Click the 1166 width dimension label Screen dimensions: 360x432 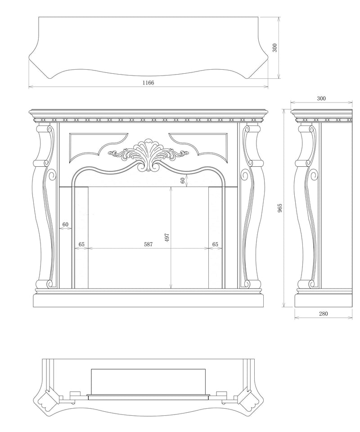click(x=148, y=83)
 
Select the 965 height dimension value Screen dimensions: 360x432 click(x=280, y=208)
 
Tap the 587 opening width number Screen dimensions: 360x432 click(x=148, y=244)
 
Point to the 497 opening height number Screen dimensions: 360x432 click(x=167, y=237)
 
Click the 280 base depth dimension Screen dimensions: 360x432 click(x=323, y=313)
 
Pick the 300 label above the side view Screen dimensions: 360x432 click(x=321, y=98)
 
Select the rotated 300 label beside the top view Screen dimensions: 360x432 click(x=275, y=48)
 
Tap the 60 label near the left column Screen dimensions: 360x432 click(x=65, y=224)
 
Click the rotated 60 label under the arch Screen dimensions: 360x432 click(x=183, y=181)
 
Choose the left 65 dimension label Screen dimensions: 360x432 click(x=81, y=244)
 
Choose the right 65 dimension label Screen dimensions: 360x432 click(x=215, y=244)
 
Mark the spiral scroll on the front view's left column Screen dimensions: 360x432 click(x=52, y=175)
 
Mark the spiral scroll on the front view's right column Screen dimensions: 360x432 click(x=245, y=175)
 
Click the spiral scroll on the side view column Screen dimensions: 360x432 click(x=313, y=175)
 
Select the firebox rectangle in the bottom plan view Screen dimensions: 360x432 click(x=148, y=382)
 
